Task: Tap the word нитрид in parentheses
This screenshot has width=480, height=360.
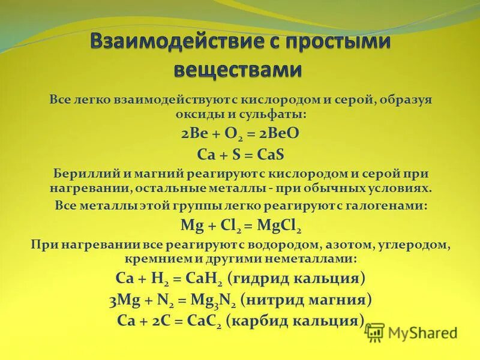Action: coord(280,299)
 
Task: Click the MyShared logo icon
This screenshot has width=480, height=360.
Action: coord(375,332)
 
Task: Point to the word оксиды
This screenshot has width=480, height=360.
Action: coord(206,113)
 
